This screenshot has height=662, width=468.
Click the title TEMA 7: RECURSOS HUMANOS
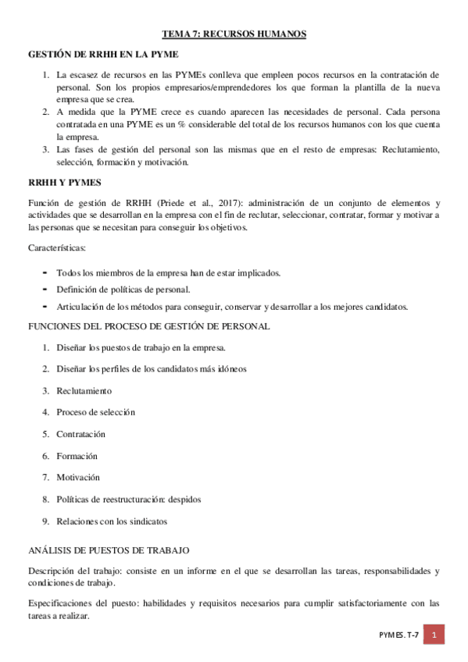click(234, 34)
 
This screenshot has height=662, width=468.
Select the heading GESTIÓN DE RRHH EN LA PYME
click(103, 55)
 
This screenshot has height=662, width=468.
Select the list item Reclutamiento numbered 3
click(84, 390)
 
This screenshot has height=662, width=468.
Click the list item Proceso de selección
click(95, 412)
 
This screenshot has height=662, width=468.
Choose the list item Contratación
click(80, 434)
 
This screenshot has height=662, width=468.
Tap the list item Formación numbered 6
click(77, 456)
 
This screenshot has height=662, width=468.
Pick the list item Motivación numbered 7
click(78, 477)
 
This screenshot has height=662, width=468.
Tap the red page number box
click(434, 635)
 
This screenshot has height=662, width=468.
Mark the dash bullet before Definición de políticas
click(45, 290)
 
